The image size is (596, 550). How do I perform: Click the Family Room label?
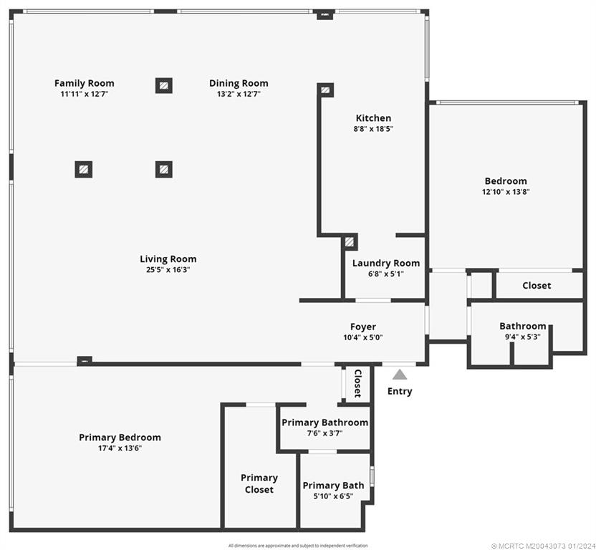tap(84, 83)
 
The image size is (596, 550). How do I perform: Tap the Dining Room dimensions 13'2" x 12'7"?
tap(239, 94)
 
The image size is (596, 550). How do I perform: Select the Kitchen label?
tap(373, 118)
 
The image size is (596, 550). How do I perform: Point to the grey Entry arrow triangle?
tap(400, 375)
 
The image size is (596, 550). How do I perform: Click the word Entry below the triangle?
tap(400, 391)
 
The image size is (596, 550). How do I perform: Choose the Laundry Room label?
tap(385, 263)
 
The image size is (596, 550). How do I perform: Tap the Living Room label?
tap(168, 259)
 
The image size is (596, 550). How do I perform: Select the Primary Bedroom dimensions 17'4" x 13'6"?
tap(120, 448)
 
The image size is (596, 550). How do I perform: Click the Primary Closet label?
tap(259, 483)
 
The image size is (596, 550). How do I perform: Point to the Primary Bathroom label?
tap(325, 423)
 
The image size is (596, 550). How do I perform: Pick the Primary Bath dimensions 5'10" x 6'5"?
tap(333, 496)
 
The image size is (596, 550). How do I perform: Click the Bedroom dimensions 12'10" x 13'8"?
tap(505, 191)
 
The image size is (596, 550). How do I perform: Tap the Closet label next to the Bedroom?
tap(537, 285)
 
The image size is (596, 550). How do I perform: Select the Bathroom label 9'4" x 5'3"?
tap(522, 326)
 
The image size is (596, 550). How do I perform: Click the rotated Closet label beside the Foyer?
tap(357, 384)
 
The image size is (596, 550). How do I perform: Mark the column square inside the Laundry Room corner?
tap(349, 242)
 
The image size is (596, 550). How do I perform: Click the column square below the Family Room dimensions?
tap(84, 169)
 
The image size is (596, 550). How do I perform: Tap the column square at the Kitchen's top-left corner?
tap(325, 90)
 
